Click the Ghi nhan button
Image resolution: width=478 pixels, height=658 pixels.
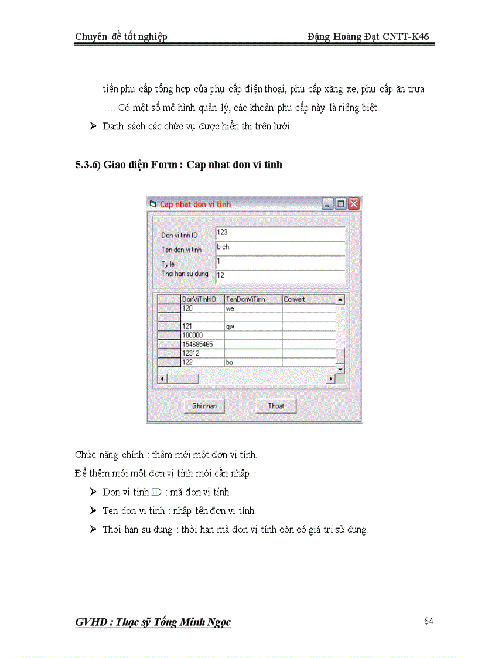click(x=204, y=406)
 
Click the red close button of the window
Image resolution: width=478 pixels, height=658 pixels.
click(x=353, y=204)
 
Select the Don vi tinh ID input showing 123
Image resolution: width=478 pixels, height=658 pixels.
click(x=280, y=233)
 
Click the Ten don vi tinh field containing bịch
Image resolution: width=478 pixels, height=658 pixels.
click(x=280, y=248)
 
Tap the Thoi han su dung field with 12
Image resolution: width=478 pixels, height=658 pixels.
click(x=280, y=275)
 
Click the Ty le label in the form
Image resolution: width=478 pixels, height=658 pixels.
click(x=168, y=264)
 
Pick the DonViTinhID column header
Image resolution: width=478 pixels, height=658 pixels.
click(x=202, y=299)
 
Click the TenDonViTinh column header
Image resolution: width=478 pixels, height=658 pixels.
click(x=252, y=299)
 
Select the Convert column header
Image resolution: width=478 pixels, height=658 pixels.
click(x=308, y=299)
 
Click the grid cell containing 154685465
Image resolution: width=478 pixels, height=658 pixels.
click(x=202, y=344)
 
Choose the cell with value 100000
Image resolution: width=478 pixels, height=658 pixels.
click(x=202, y=335)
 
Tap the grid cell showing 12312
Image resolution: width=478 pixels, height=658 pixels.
click(x=202, y=353)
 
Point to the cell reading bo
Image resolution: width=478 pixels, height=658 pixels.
click(x=252, y=363)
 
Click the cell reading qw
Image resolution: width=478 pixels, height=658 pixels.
click(x=252, y=326)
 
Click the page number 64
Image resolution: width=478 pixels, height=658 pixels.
click(x=428, y=621)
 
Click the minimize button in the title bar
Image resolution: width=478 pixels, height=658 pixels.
click(x=327, y=204)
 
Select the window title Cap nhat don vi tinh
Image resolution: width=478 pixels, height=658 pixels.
click(x=195, y=204)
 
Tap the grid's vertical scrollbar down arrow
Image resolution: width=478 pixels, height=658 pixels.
click(x=340, y=369)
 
